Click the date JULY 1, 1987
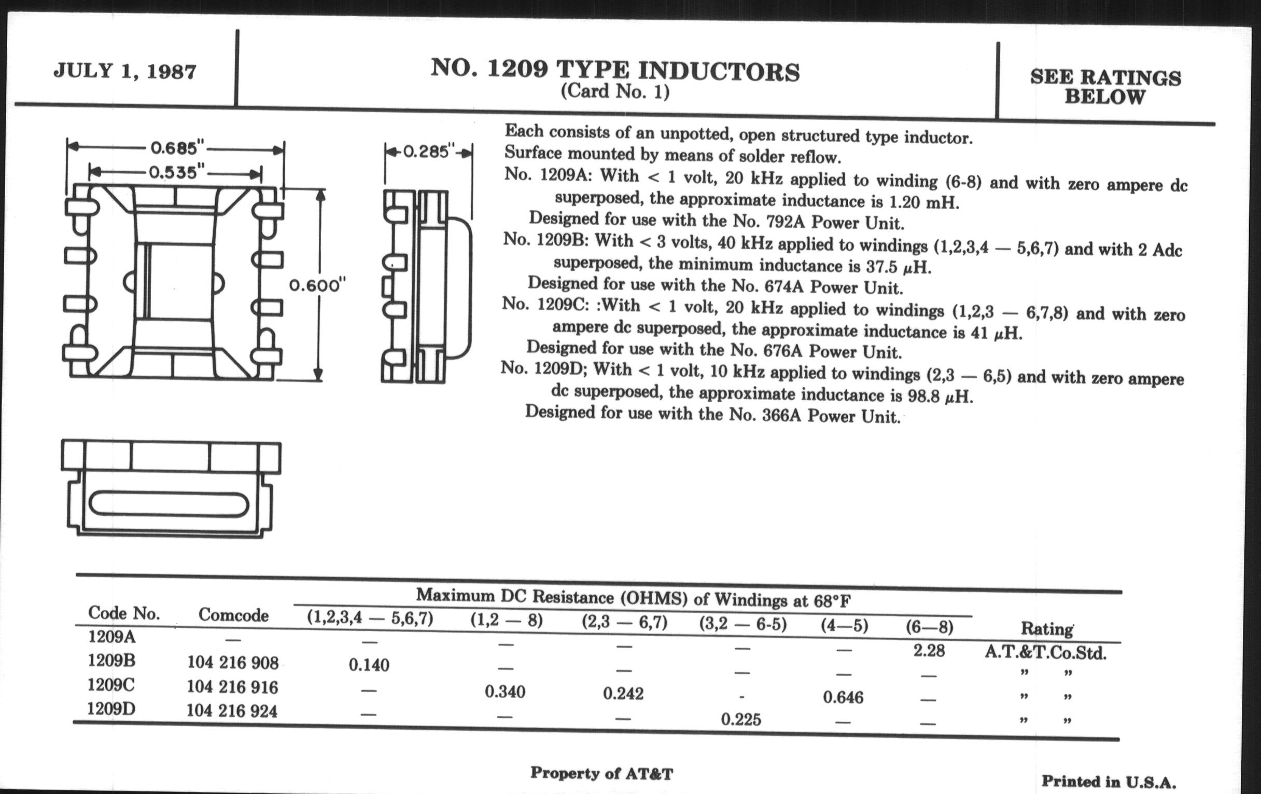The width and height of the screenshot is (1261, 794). pos(124,71)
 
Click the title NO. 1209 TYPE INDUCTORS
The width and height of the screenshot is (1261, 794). pos(615,72)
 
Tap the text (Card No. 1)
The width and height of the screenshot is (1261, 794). pos(615,92)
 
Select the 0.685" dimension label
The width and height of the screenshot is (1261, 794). pos(176,148)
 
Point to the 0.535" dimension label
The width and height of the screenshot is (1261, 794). pos(175,172)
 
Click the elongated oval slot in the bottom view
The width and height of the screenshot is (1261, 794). pos(169,504)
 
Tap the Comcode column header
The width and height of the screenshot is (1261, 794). pos(233,615)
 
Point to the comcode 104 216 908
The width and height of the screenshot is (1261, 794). pos(232,663)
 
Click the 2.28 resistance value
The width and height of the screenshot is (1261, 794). pos(929,651)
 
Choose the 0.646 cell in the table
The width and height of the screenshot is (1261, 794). pos(843,697)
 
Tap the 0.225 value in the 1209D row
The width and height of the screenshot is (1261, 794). pos(740,719)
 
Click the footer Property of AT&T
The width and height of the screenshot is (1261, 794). pos(601,773)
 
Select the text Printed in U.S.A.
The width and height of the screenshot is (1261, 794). pos(1108,782)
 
